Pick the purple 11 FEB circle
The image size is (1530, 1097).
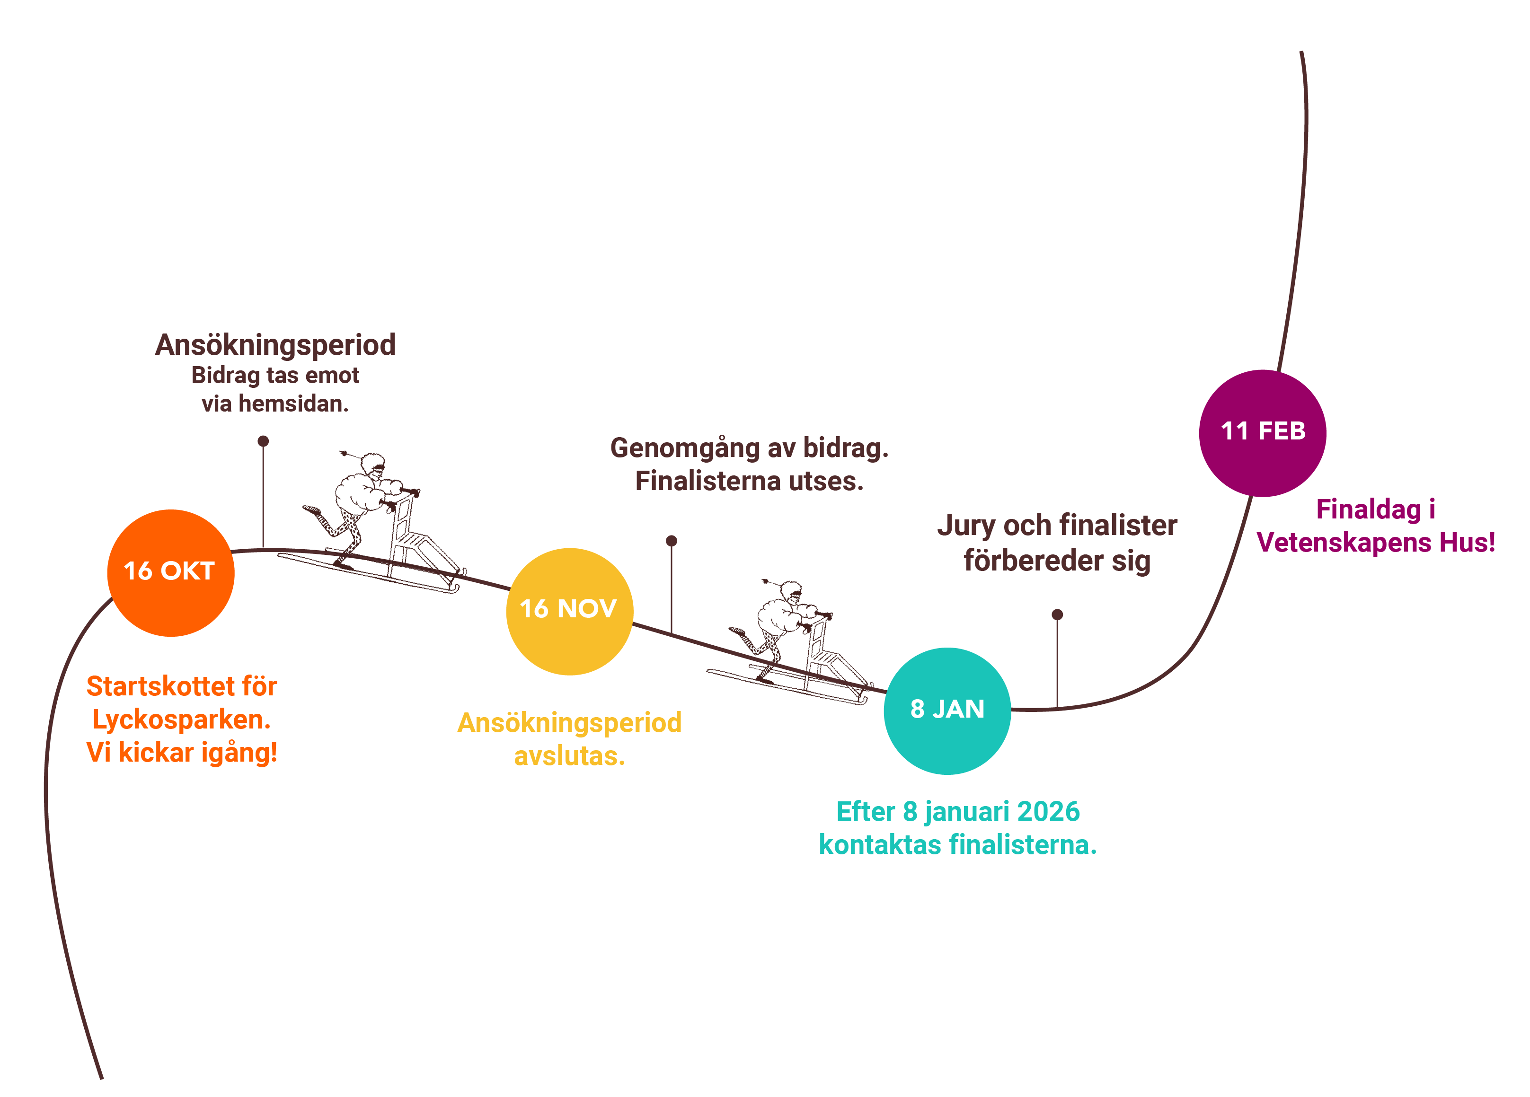(1262, 433)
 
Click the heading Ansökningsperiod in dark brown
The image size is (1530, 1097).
(275, 345)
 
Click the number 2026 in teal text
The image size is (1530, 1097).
(1048, 811)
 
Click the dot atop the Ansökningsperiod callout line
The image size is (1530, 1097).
(263, 441)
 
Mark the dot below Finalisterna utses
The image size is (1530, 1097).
(671, 541)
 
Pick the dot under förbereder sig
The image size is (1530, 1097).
(1057, 614)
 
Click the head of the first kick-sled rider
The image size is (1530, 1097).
(372, 464)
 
